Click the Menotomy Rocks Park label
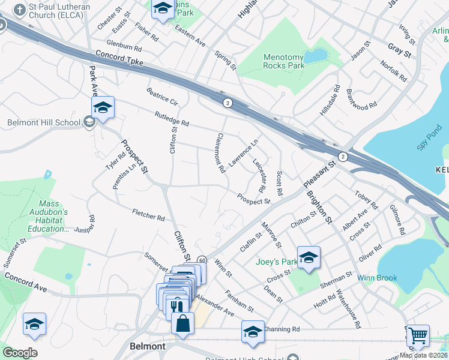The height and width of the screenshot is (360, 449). [x=284, y=62]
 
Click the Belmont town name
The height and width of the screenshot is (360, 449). [x=148, y=347]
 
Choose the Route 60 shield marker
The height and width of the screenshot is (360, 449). [x=202, y=260]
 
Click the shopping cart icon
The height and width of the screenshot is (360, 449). [x=418, y=335]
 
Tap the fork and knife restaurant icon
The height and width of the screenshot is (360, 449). [x=176, y=306]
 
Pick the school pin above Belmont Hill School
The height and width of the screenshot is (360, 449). [x=103, y=107]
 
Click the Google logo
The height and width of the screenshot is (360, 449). [x=19, y=352]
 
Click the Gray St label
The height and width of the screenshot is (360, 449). [x=399, y=51]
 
